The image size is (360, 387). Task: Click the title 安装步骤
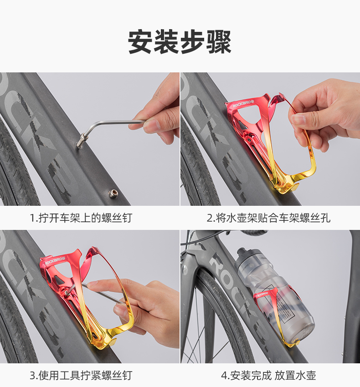tap(180, 42)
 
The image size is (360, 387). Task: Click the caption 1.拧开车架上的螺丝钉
tap(81, 218)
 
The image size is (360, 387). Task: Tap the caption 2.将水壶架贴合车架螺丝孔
tap(268, 218)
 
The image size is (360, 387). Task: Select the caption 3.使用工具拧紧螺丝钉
tap(81, 376)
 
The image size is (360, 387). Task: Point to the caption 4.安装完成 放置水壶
tap(268, 376)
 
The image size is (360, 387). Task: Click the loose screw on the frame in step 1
tap(113, 193)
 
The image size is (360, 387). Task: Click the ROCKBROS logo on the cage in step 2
tap(243, 104)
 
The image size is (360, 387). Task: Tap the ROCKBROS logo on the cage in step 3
tap(55, 260)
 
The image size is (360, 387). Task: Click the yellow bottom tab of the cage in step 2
tap(291, 188)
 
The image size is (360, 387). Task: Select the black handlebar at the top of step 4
tap(254, 232)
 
